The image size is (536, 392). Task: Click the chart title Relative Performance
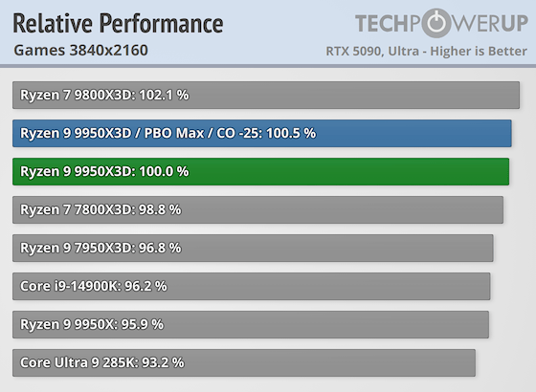click(118, 23)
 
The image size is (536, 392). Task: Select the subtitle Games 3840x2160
click(81, 50)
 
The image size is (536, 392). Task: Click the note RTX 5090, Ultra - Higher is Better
click(427, 50)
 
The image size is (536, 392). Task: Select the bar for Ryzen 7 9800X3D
click(266, 96)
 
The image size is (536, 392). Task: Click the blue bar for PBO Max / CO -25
click(262, 134)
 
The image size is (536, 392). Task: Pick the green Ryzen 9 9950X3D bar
click(260, 171)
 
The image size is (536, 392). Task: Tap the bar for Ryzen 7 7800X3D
click(257, 209)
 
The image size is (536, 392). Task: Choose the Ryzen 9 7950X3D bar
click(253, 248)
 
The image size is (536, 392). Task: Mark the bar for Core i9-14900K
click(251, 286)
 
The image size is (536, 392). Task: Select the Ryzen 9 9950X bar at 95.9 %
click(251, 324)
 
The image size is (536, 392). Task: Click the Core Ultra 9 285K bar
click(244, 362)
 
